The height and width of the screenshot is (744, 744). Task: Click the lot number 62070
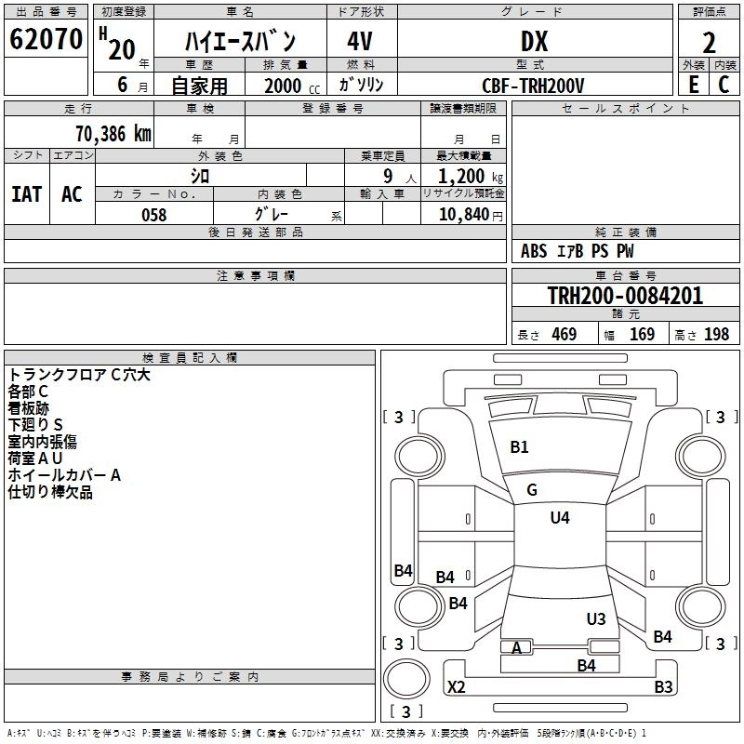tap(46, 40)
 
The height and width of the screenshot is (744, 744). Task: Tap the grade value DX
tap(534, 42)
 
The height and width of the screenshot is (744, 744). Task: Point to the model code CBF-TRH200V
tap(534, 86)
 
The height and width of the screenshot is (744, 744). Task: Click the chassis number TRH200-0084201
tap(625, 296)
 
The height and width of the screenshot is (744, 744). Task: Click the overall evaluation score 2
tap(709, 42)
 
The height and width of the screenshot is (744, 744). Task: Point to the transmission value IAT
tap(26, 194)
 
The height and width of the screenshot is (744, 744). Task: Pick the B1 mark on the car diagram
tap(519, 447)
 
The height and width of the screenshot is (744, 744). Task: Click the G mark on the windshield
tap(532, 490)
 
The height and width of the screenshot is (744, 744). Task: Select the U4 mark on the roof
tap(560, 518)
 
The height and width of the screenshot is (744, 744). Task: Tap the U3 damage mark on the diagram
tap(596, 618)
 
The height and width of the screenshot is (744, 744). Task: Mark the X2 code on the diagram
tap(457, 687)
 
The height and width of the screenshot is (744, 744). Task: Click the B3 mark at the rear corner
tap(663, 687)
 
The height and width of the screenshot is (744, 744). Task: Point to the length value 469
tap(564, 335)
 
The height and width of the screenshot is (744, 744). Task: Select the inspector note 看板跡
tap(29, 408)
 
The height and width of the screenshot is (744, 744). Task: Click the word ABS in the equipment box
tap(534, 251)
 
